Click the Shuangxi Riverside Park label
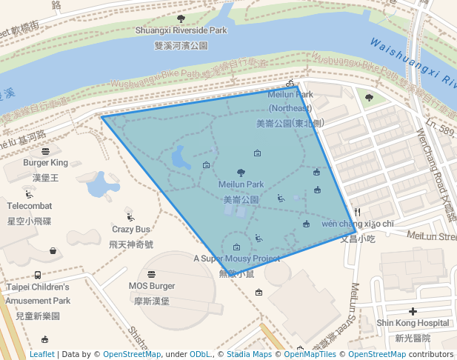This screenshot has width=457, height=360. click(x=181, y=30)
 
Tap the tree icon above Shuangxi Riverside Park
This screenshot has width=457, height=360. click(x=181, y=19)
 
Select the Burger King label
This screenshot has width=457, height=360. click(x=45, y=162)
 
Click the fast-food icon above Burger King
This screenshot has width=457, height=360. click(x=45, y=151)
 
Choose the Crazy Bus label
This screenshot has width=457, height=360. click(x=131, y=229)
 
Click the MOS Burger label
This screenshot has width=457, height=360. click(x=152, y=286)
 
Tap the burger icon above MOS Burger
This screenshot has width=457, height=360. click(x=152, y=274)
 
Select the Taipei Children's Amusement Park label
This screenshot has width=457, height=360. click(x=38, y=293)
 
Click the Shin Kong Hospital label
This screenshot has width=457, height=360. click(x=413, y=323)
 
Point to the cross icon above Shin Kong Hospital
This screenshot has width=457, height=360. click(x=413, y=312)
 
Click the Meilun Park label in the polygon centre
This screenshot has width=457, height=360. click(x=241, y=184)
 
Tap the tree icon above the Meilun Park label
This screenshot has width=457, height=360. click(x=241, y=173)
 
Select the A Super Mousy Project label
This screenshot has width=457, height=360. click(x=237, y=259)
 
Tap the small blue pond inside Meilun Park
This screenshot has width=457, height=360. click(x=179, y=157)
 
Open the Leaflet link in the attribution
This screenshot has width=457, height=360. click(x=41, y=354)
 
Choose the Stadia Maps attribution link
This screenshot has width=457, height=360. click(x=249, y=354)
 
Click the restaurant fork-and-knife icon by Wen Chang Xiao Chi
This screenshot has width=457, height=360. click(x=357, y=212)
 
